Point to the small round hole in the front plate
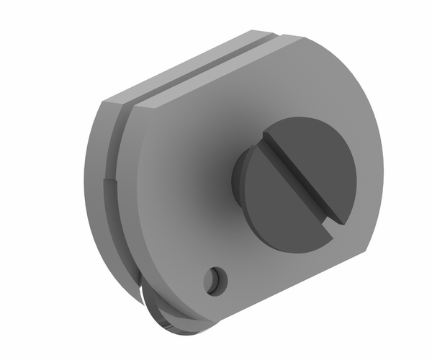point(215,279)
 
